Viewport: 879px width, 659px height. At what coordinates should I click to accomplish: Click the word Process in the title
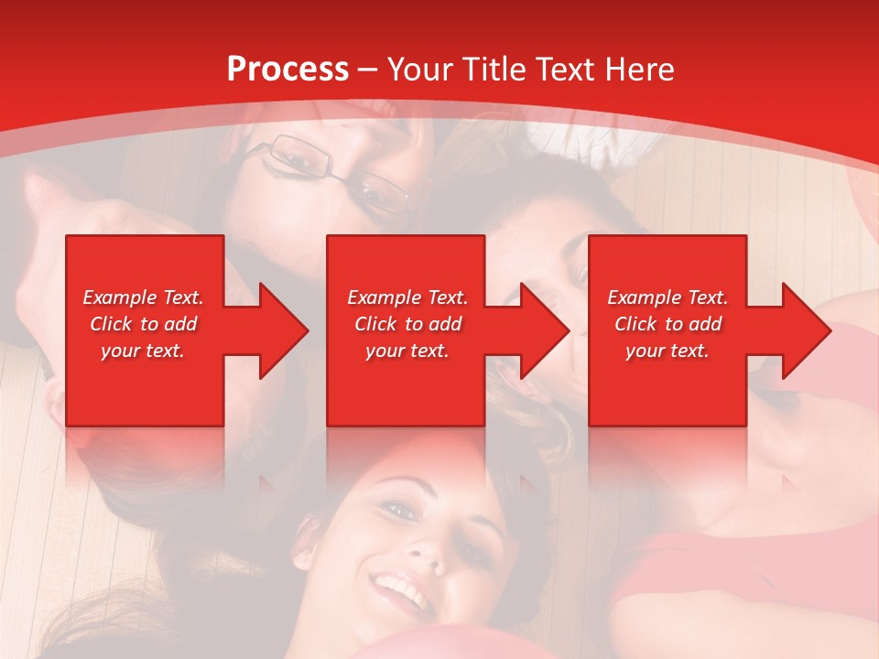tap(288, 70)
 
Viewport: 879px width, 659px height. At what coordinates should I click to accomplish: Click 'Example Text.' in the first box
tap(144, 297)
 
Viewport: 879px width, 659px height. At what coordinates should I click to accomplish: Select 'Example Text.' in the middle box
tap(407, 297)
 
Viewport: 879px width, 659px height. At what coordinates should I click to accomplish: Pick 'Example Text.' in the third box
tap(667, 297)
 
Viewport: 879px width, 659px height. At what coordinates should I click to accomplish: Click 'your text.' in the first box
tap(143, 351)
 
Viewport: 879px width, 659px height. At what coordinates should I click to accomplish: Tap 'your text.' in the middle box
tap(407, 351)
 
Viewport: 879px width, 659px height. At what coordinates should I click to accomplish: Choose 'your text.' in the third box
tap(667, 351)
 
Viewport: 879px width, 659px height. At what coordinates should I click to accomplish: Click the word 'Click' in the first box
tap(112, 324)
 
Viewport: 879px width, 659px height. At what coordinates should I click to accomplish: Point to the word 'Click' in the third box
tap(636, 324)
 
